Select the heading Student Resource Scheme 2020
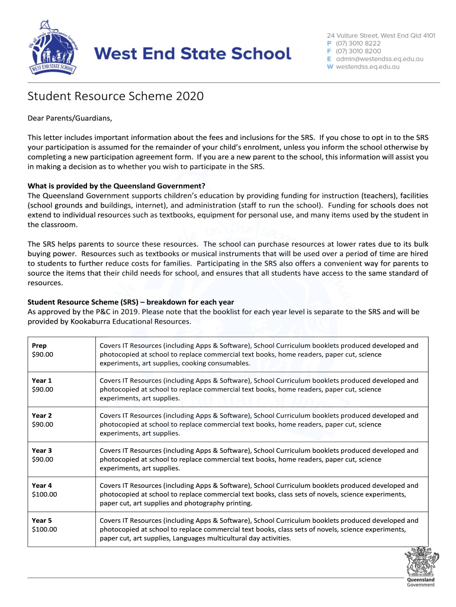coord(115,96)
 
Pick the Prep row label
coord(39,346)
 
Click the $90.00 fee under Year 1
coord(42,389)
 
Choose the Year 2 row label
coord(41,416)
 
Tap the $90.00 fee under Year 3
coord(42,459)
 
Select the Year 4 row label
coord(41,485)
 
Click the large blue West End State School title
coord(194,54)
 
